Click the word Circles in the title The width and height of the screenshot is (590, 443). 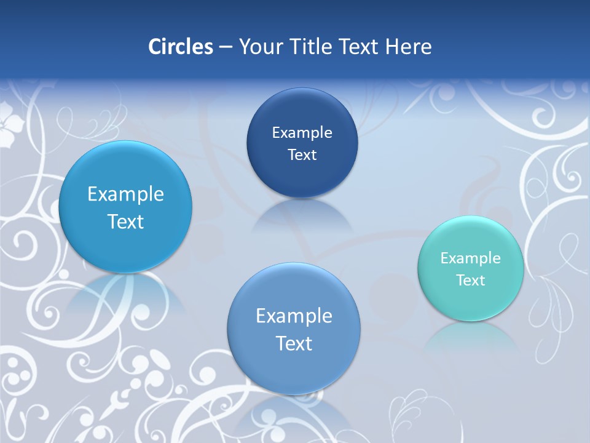pos(180,47)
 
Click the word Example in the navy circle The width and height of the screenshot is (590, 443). pos(302,133)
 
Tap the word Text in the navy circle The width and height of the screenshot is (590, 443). pos(302,155)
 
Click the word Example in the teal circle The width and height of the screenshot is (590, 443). pos(470,258)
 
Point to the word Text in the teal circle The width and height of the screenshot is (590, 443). pos(471,281)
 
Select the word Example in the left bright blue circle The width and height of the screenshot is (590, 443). pos(125,194)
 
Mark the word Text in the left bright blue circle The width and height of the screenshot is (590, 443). pos(125,222)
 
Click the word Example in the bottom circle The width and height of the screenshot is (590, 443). pos(294,316)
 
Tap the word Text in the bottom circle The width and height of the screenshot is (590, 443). pos(294,343)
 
